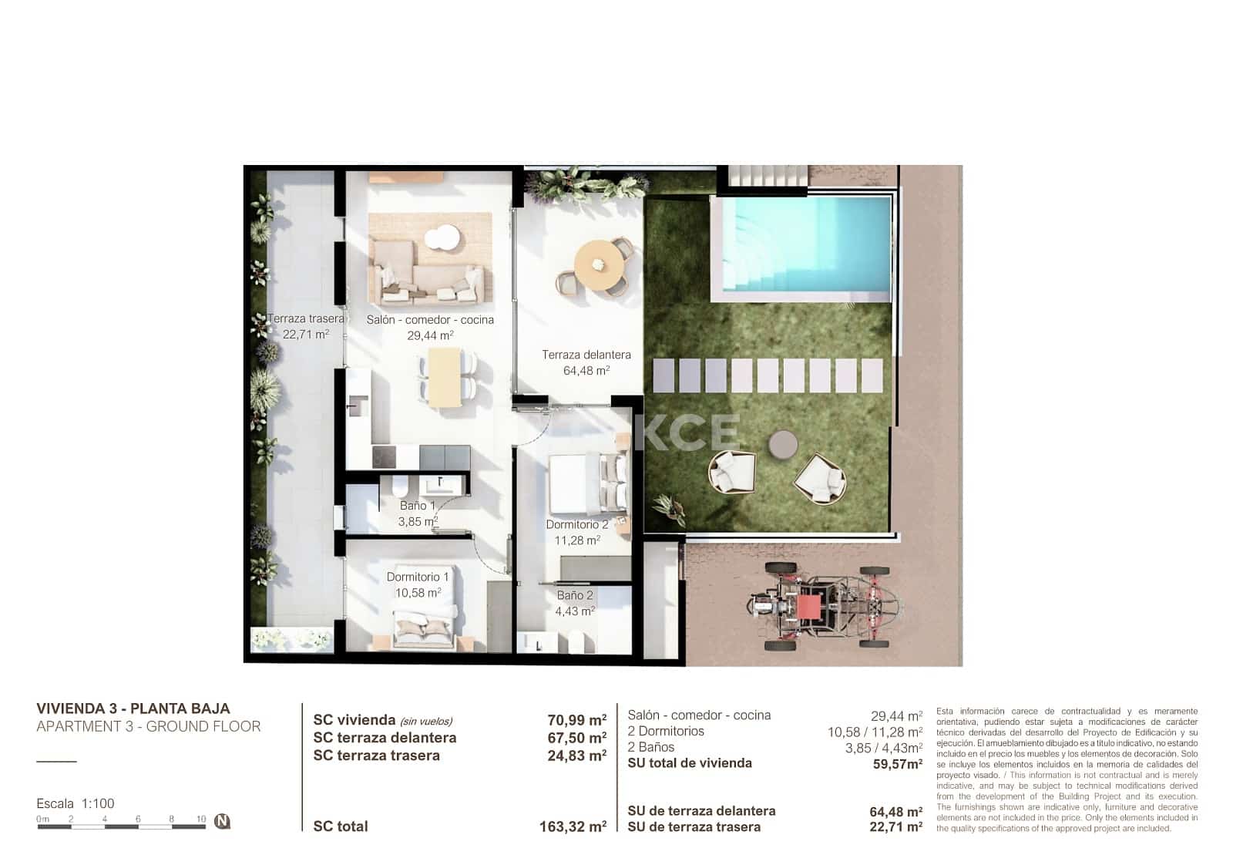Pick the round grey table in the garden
[784, 444]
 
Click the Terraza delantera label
[586, 355]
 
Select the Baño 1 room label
[417, 506]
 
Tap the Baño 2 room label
[575, 595]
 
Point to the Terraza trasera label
[305, 318]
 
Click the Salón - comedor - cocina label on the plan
[430, 320]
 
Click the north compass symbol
[222, 821]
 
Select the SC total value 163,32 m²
[573, 827]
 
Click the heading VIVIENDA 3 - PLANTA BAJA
[133, 708]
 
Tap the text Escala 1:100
[76, 803]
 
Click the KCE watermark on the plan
[690, 432]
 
